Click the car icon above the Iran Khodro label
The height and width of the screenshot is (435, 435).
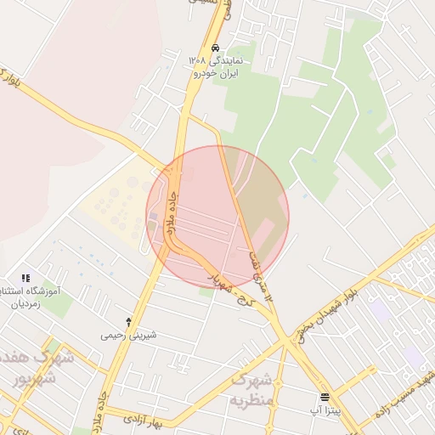click(217, 48)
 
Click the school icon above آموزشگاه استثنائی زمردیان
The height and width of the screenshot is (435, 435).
click(25, 278)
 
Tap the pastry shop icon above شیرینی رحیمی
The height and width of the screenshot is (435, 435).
click(128, 322)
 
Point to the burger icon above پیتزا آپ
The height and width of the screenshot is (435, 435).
click(325, 397)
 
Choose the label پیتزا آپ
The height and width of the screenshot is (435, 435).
click(325, 410)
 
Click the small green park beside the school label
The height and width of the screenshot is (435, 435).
click(58, 305)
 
